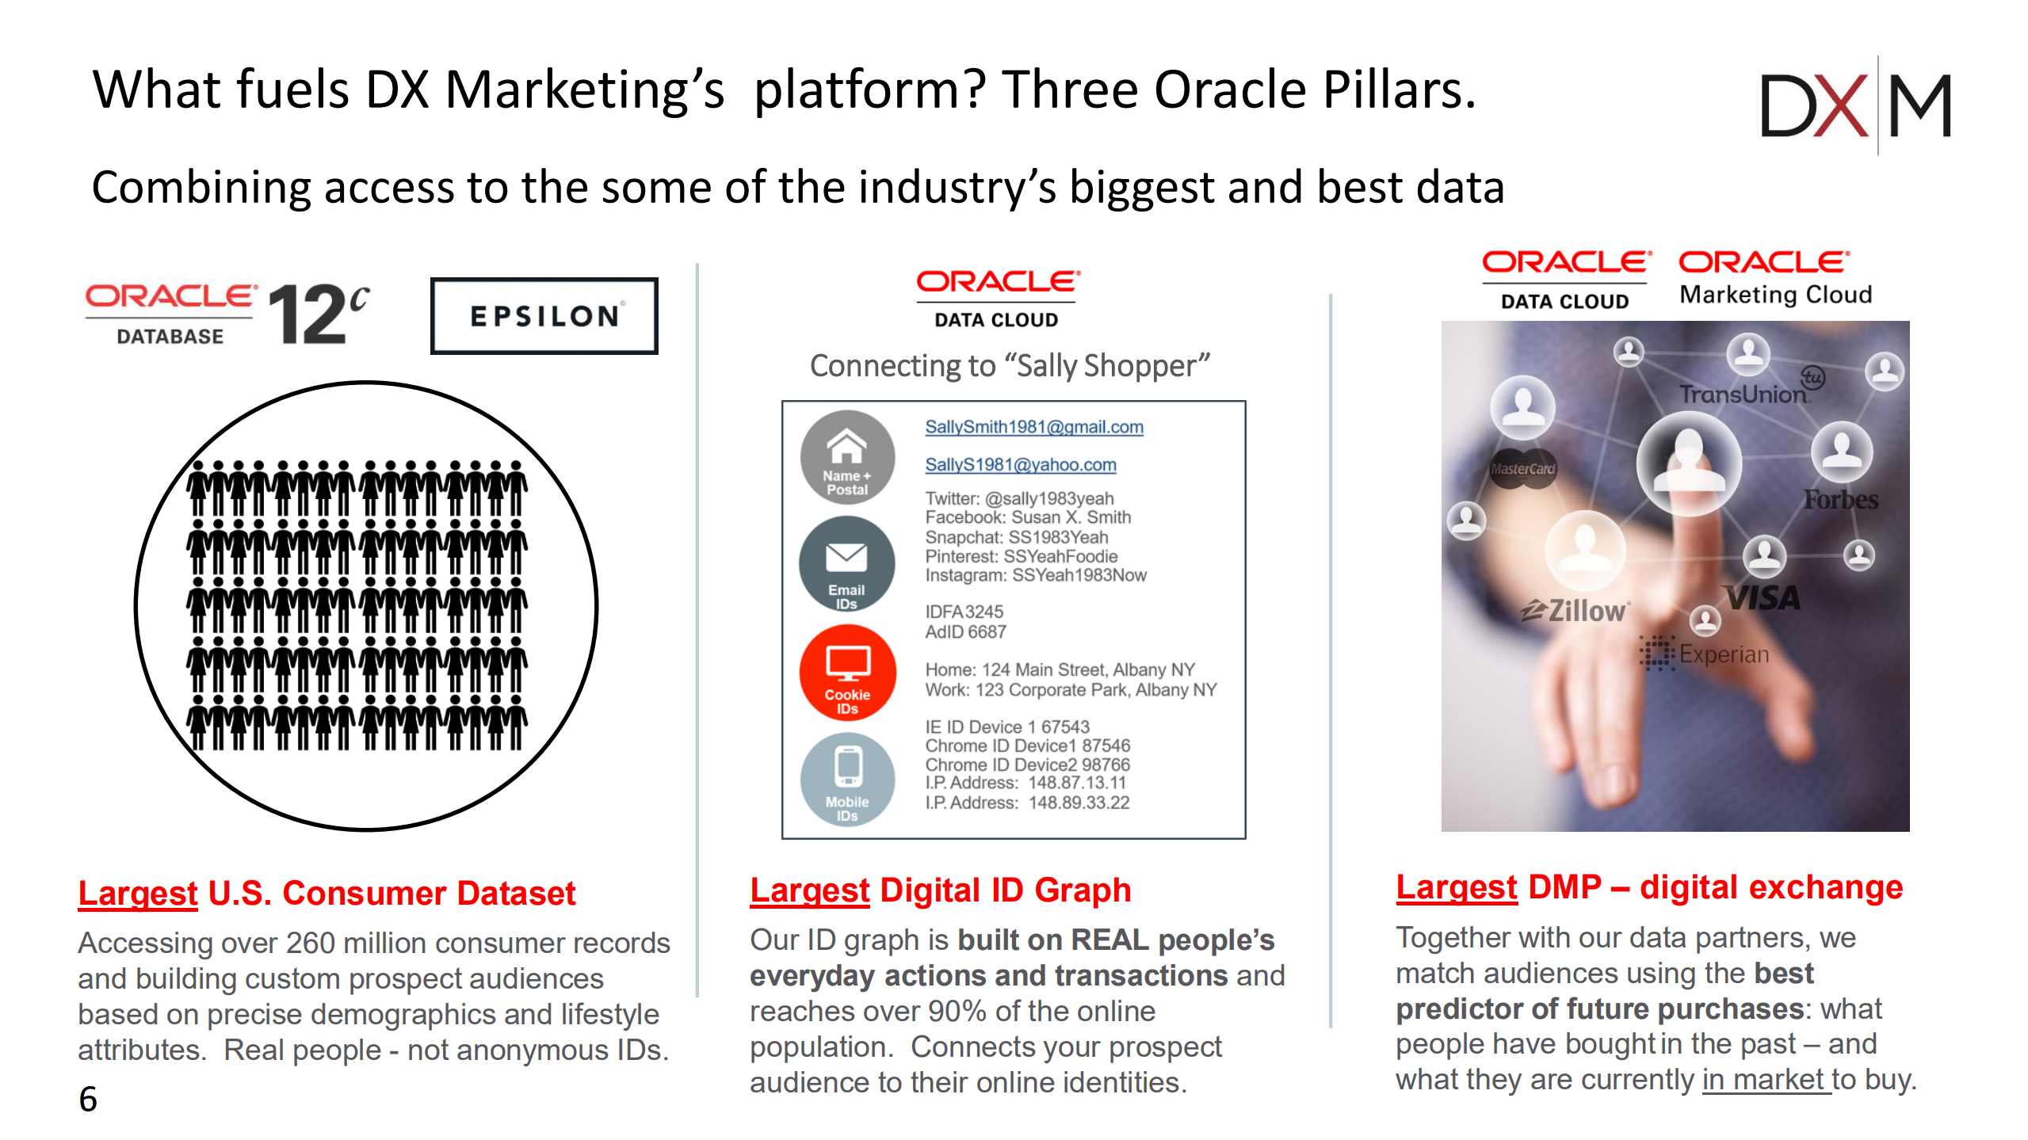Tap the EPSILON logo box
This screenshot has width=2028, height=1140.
544,316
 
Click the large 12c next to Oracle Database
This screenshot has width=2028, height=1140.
318,315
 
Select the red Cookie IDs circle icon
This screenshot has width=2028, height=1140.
847,673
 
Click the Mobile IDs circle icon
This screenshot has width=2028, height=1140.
847,780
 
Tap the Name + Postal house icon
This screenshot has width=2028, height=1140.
847,457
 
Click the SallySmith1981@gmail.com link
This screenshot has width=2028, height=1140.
1033,427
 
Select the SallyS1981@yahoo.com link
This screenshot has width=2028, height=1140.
1020,465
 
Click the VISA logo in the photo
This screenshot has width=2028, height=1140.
1763,598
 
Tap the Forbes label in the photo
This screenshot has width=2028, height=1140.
1840,500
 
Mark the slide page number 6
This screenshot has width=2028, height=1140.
88,1099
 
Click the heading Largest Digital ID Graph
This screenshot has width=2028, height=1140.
940,890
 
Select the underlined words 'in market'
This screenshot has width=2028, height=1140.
1766,1080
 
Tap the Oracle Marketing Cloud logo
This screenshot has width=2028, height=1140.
1774,278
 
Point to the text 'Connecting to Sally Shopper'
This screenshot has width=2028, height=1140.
1010,366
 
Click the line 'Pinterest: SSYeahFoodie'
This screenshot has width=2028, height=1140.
1021,556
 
